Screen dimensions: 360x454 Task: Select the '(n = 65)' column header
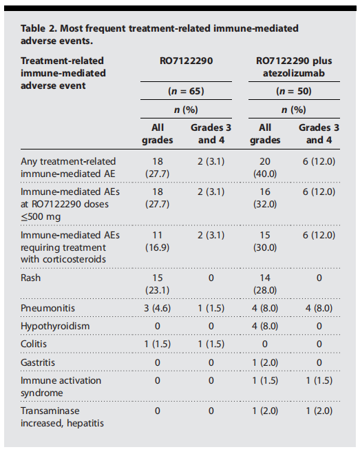coord(186,91)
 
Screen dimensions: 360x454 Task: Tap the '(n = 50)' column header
coord(294,91)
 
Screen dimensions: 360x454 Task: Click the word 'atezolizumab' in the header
coord(294,73)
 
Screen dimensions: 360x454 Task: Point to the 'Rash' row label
coord(31,278)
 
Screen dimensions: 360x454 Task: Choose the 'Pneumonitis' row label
coord(47,308)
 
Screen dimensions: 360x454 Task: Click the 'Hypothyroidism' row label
coord(55,326)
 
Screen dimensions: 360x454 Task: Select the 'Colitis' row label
coord(34,344)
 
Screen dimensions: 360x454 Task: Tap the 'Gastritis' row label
coord(38,362)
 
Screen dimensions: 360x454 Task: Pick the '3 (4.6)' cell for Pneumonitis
coord(158,308)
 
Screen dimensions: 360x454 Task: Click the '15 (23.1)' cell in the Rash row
coord(158,284)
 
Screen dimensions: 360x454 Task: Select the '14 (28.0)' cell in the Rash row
coord(265,284)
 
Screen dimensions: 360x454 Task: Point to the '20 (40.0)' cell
coord(265,167)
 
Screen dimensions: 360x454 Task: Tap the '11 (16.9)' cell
coord(158,241)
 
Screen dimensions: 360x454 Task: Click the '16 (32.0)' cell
coord(265,198)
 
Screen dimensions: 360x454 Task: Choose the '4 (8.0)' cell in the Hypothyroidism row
coord(265,326)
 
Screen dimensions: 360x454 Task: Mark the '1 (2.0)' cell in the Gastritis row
coord(265,362)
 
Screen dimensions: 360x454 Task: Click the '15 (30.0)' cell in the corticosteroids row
coord(265,241)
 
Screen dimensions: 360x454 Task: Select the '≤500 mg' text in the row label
coord(41,216)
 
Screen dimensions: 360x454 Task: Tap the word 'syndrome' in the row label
coord(42,393)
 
